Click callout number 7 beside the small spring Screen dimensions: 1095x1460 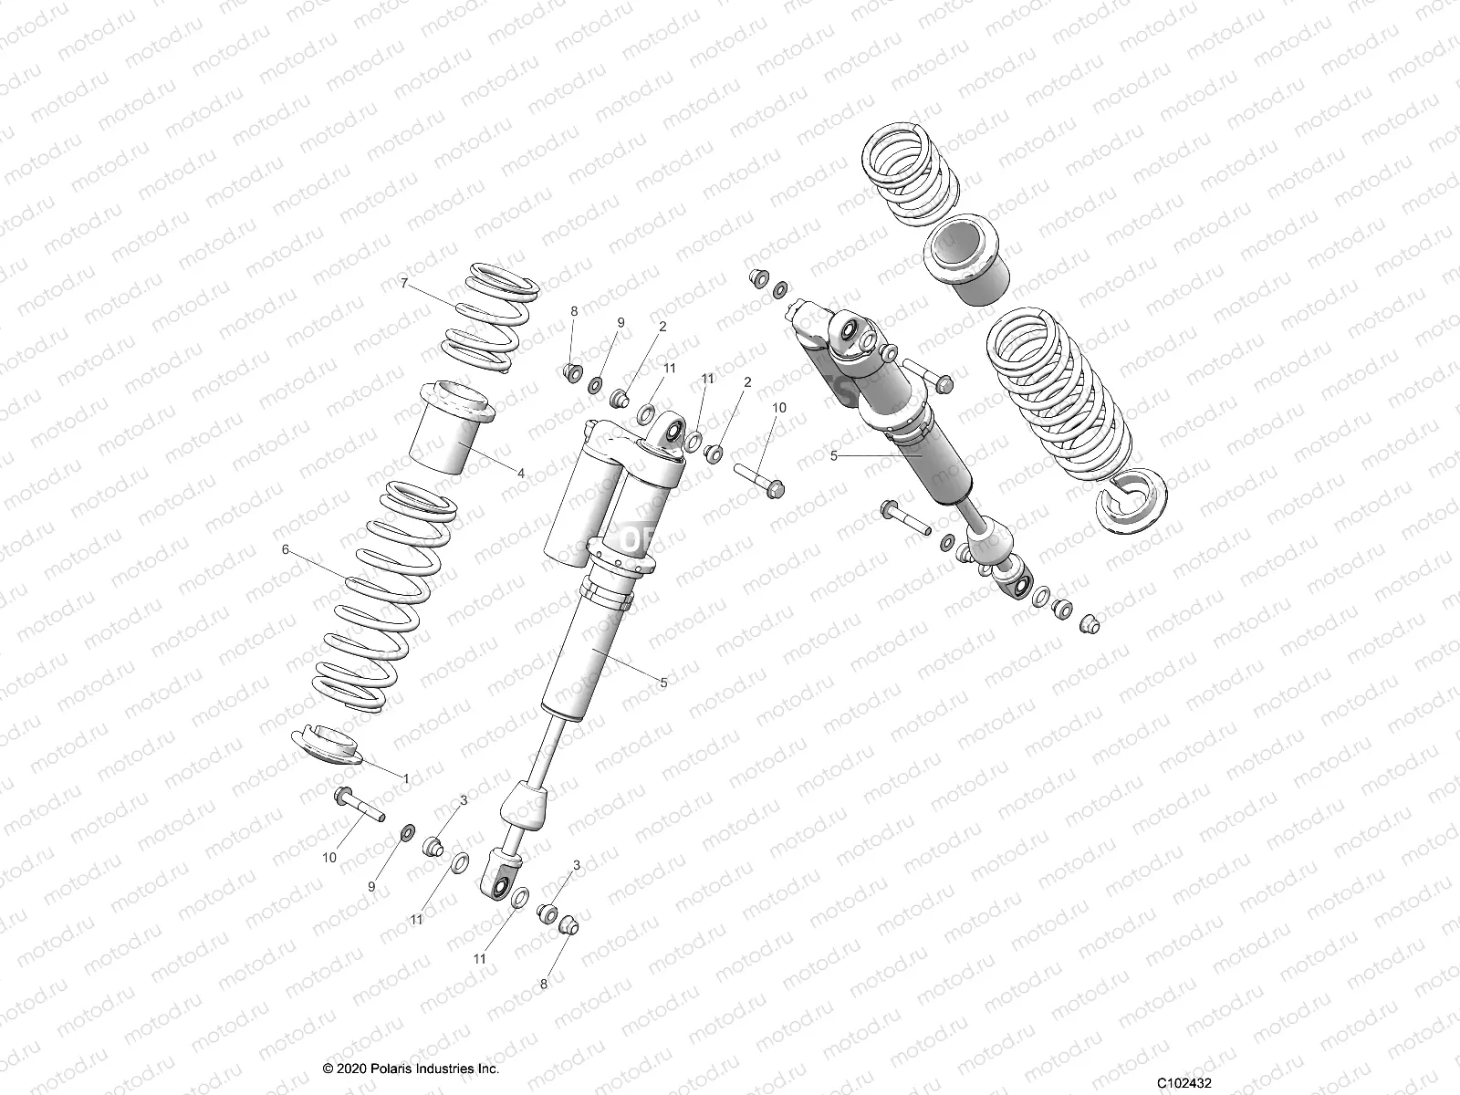(x=403, y=284)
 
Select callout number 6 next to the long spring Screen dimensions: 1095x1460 (x=285, y=549)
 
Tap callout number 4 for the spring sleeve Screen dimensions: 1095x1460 (x=520, y=474)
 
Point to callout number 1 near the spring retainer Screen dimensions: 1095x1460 (x=406, y=777)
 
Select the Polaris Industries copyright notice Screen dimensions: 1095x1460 (x=411, y=1069)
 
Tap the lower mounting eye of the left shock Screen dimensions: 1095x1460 (x=501, y=881)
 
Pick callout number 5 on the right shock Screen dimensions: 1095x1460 (x=833, y=454)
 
